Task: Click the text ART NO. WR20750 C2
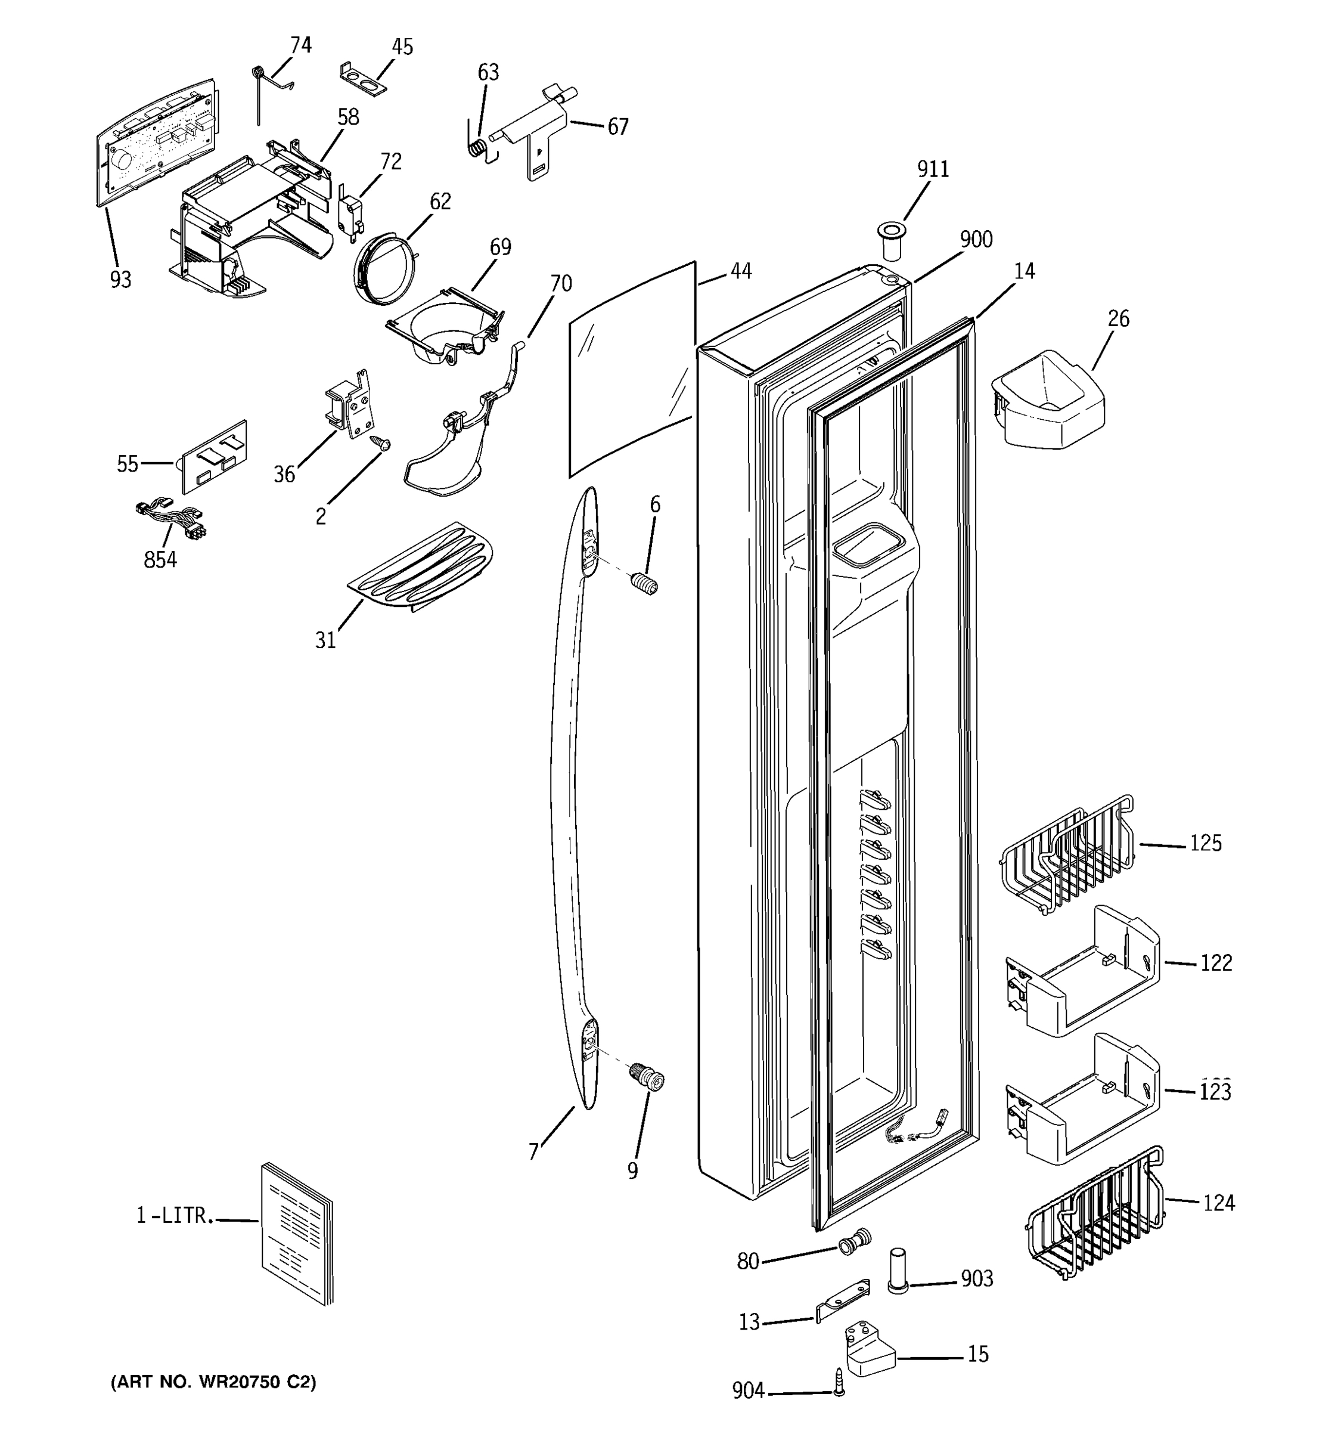click(213, 1382)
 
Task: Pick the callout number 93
click(120, 279)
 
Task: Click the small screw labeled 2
click(379, 442)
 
